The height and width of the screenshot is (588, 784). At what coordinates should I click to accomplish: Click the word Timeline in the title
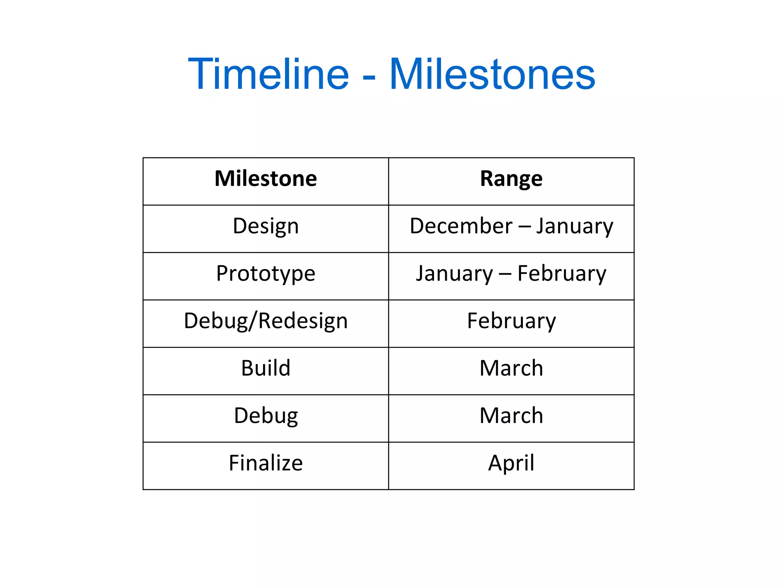(x=268, y=73)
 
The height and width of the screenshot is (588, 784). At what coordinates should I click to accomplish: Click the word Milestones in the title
(x=492, y=73)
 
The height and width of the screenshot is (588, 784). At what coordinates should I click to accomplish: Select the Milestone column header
(x=266, y=179)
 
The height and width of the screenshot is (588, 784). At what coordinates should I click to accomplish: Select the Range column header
(x=511, y=179)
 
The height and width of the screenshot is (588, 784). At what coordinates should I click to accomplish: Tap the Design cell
(x=266, y=226)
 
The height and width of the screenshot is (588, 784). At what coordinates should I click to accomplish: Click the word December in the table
(x=461, y=226)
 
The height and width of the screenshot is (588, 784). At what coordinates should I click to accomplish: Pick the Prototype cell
(x=266, y=274)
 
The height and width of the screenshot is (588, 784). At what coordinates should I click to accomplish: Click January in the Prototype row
(x=454, y=274)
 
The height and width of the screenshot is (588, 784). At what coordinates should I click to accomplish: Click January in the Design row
(x=574, y=226)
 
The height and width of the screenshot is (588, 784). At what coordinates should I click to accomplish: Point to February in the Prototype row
(x=562, y=274)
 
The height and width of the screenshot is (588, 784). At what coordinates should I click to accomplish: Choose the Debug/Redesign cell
(x=266, y=321)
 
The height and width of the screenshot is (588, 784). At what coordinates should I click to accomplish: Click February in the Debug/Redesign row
(x=511, y=321)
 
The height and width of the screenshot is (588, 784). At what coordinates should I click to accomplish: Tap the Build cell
(x=266, y=368)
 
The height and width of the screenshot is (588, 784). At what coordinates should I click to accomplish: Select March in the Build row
(x=511, y=368)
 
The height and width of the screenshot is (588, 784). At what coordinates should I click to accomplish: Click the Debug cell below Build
(x=266, y=416)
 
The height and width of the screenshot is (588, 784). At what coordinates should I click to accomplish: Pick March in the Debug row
(x=511, y=416)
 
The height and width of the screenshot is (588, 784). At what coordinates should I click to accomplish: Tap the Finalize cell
(x=266, y=463)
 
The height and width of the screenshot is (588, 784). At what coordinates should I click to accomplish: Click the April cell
(x=511, y=463)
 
